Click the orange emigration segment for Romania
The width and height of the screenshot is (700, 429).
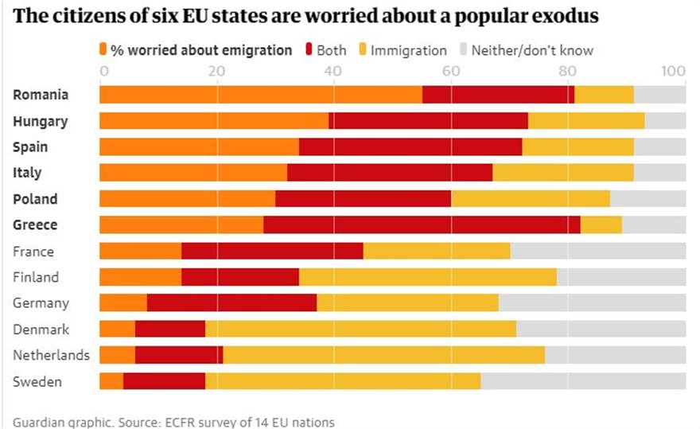coord(260,95)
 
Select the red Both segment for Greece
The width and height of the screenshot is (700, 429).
coord(422,225)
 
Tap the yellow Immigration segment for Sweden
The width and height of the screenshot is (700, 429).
coord(343,381)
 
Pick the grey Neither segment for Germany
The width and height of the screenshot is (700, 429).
coord(592,303)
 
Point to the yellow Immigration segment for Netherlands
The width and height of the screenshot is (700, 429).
coord(383,355)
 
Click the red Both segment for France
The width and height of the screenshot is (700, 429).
coord(272,252)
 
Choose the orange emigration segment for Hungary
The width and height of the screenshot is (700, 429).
coord(213,121)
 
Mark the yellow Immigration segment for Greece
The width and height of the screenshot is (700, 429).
coord(601,225)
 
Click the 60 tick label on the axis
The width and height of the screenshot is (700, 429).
coord(451,72)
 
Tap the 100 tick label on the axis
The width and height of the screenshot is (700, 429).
coord(673,72)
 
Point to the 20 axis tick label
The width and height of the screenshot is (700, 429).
coord(216,72)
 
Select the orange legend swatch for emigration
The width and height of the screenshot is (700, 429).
coord(103,50)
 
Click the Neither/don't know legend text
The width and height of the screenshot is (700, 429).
coord(532,50)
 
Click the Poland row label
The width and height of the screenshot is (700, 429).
coord(35,199)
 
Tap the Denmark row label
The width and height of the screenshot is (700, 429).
coord(41,330)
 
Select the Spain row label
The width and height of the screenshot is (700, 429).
coord(30,147)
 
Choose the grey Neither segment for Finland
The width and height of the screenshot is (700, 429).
coord(620,277)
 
